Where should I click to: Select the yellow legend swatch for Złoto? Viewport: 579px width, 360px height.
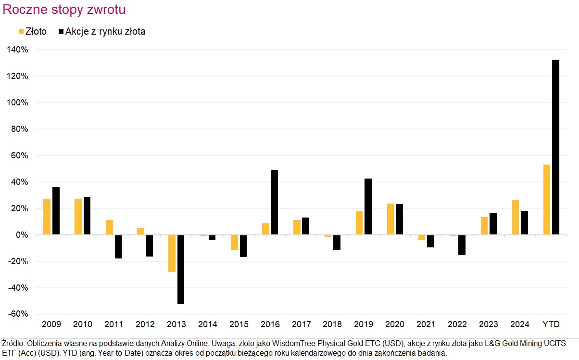click(x=21, y=32)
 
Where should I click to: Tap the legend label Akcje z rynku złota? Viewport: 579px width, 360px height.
click(x=105, y=32)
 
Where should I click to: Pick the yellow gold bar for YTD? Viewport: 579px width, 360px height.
click(x=546, y=200)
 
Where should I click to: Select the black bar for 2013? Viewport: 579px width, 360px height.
click(x=181, y=270)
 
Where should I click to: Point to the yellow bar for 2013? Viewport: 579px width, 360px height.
click(x=172, y=254)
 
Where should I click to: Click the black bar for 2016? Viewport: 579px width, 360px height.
click(x=274, y=202)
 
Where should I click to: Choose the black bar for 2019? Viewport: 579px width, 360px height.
click(x=368, y=206)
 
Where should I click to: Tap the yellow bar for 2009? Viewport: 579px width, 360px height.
click(x=47, y=217)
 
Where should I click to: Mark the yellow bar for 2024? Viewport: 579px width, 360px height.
click(x=515, y=218)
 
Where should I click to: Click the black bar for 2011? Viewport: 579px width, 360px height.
click(x=118, y=247)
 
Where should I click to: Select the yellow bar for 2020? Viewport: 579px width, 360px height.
click(x=390, y=219)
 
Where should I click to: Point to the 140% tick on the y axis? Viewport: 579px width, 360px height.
click(x=17, y=50)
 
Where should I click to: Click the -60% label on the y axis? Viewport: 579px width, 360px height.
click(x=17, y=314)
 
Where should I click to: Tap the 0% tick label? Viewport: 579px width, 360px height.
click(x=21, y=235)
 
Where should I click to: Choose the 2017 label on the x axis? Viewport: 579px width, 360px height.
click(x=301, y=324)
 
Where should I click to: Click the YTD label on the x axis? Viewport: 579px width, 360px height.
click(x=551, y=324)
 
